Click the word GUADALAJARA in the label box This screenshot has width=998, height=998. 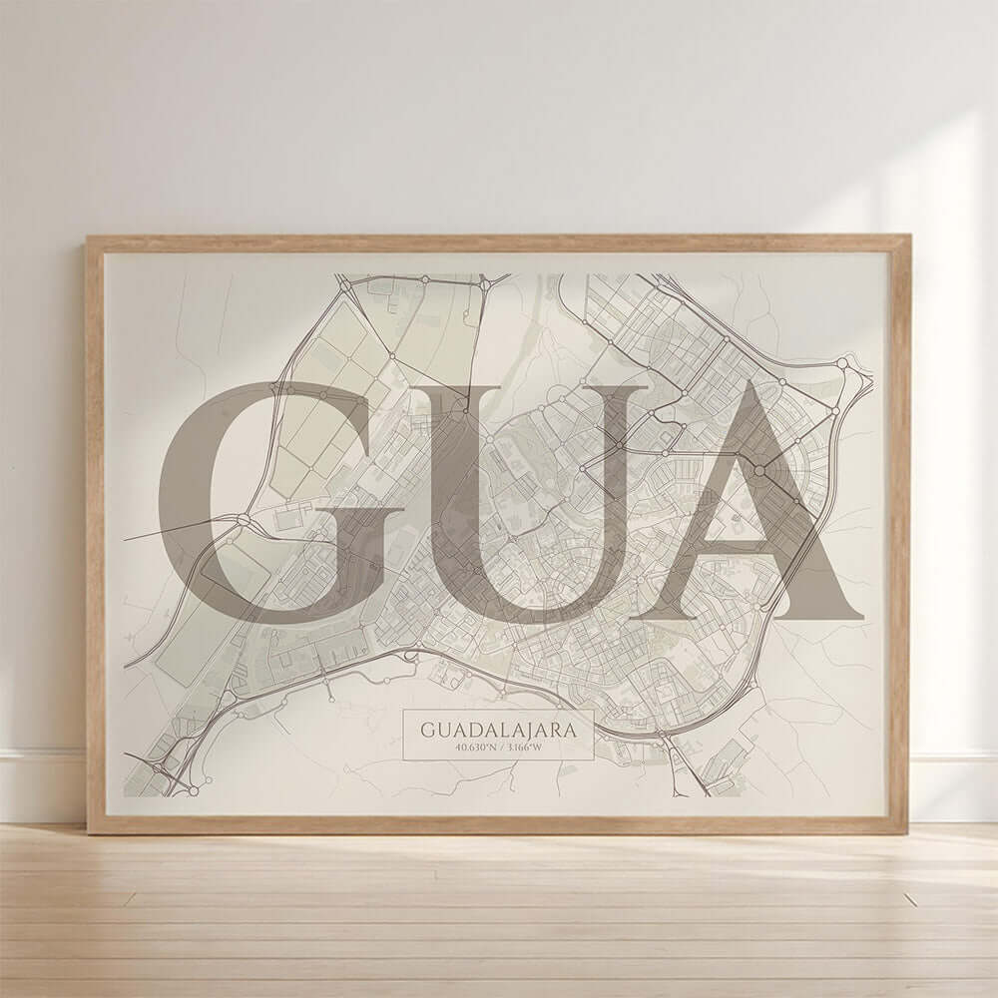[x=498, y=731]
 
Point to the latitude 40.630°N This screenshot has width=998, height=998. [x=474, y=748]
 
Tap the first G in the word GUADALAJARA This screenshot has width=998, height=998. [x=428, y=731]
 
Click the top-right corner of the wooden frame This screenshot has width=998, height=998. [x=908, y=238]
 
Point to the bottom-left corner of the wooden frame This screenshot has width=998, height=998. [x=89, y=831]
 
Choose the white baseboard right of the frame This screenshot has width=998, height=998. [x=953, y=788]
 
